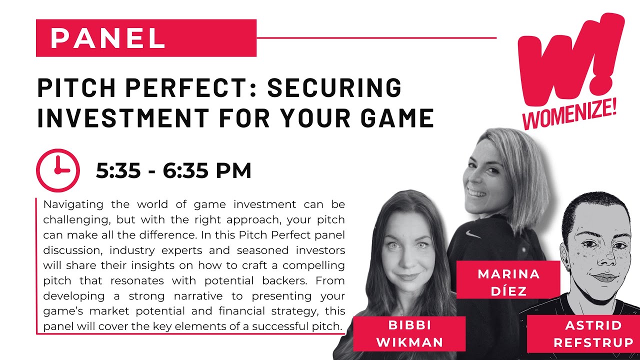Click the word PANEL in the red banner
[107, 38]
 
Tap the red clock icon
[58, 170]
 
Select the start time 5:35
[118, 170]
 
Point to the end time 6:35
[185, 170]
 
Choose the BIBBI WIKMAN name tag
[409, 333]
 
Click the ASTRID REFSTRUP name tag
[593, 334]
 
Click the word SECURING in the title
[334, 87]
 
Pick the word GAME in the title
[397, 117]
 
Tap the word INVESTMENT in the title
[123, 117]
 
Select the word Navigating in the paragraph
[73, 205]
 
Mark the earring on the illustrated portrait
[568, 269]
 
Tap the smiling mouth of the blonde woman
[476, 193]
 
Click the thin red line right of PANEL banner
[376, 37]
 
